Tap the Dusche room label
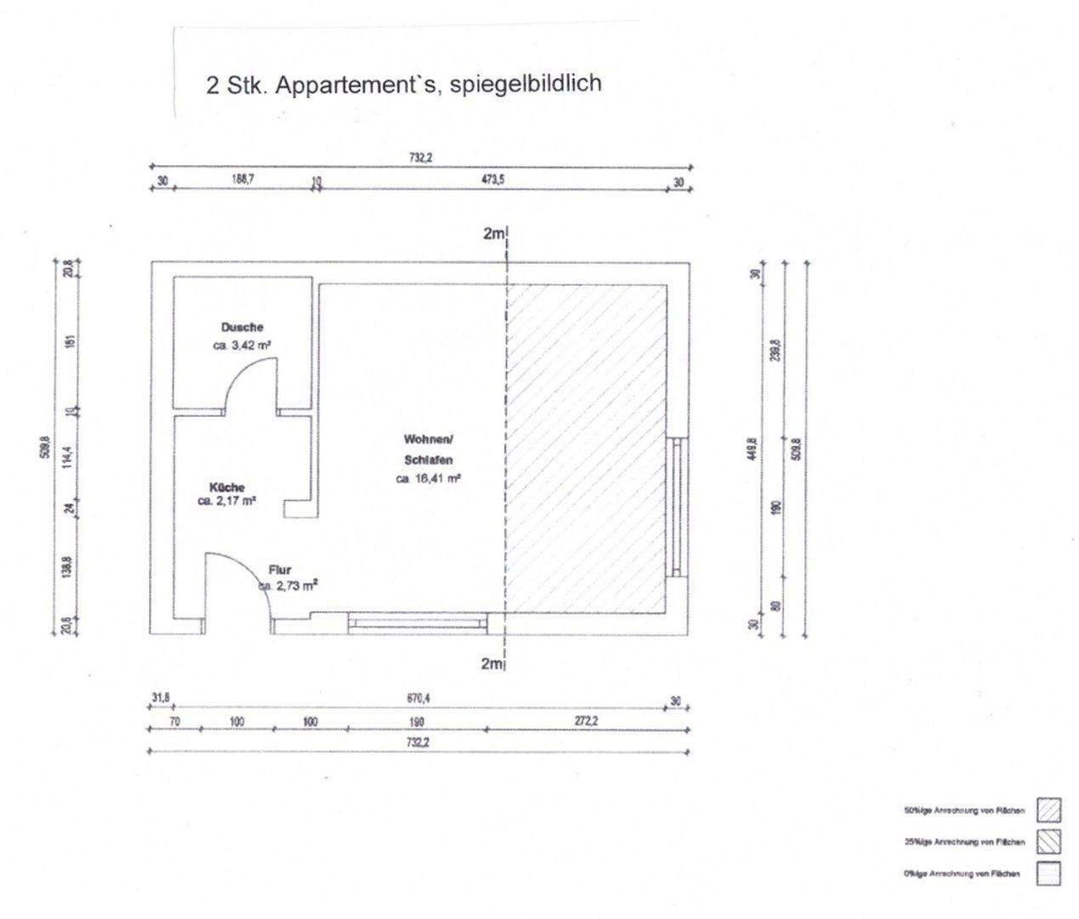click(242, 327)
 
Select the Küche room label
click(226, 488)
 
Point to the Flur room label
click(280, 570)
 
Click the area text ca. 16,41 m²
click(428, 479)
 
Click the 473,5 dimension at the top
click(493, 180)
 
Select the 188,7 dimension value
click(242, 180)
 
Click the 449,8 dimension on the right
click(752, 448)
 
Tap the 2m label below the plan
click(491, 664)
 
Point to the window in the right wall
click(677, 507)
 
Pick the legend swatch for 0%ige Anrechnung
click(1048, 874)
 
